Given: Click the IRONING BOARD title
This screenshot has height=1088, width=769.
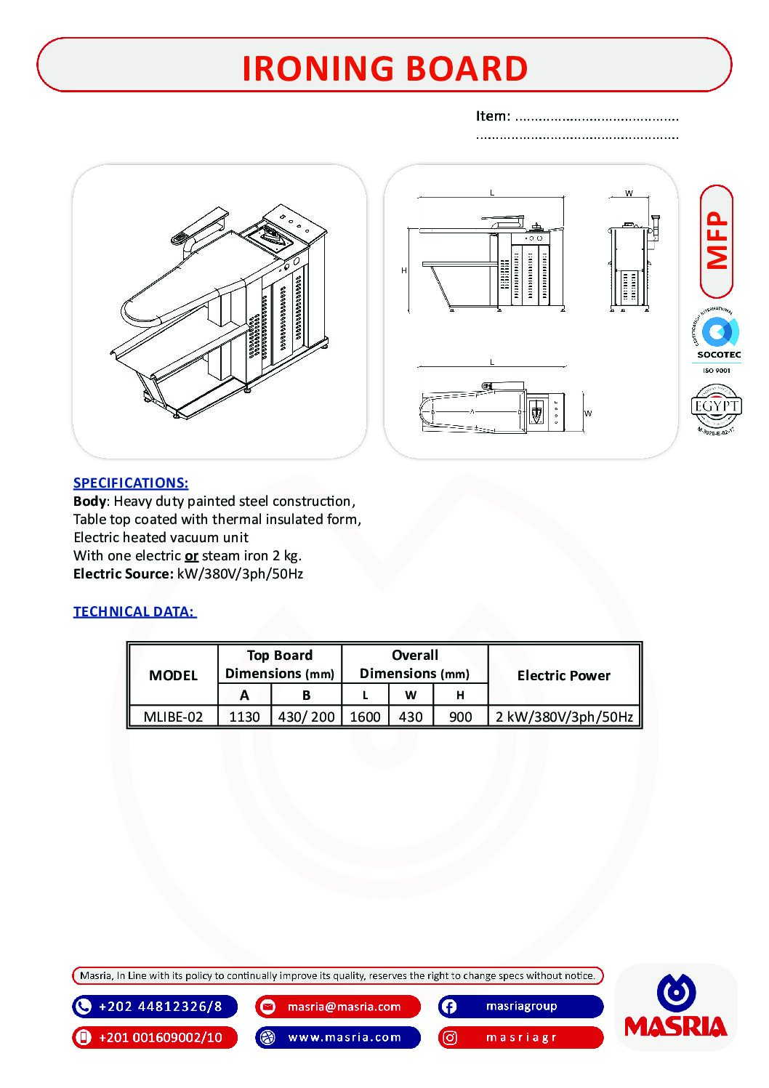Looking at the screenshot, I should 384,68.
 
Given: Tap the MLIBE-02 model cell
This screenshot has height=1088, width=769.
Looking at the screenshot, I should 173,717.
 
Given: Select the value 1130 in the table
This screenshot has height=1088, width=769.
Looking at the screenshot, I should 244,717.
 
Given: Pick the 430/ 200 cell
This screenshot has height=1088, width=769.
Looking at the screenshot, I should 306,717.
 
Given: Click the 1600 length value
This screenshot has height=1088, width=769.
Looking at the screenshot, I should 365,717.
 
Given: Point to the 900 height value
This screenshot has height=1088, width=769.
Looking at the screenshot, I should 460,717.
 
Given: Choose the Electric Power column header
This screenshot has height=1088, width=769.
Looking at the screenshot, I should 563,675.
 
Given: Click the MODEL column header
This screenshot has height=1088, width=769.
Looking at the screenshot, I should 173,675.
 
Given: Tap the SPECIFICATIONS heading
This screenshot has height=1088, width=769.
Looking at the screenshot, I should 131,483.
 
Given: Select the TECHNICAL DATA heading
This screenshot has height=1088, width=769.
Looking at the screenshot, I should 134,611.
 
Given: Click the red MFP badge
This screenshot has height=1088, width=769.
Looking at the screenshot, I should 717,241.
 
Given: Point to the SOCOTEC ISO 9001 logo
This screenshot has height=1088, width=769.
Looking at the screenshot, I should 718,341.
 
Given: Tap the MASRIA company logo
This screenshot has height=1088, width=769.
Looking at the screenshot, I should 676,1007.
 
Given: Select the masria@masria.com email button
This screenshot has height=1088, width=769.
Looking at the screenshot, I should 338,1007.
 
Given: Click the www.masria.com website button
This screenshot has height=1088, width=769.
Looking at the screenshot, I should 338,1037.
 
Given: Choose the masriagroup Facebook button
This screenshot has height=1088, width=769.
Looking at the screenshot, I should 520,1007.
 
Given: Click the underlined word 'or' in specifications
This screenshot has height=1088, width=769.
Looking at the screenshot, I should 191,556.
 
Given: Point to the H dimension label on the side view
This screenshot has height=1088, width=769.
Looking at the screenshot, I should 404,270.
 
